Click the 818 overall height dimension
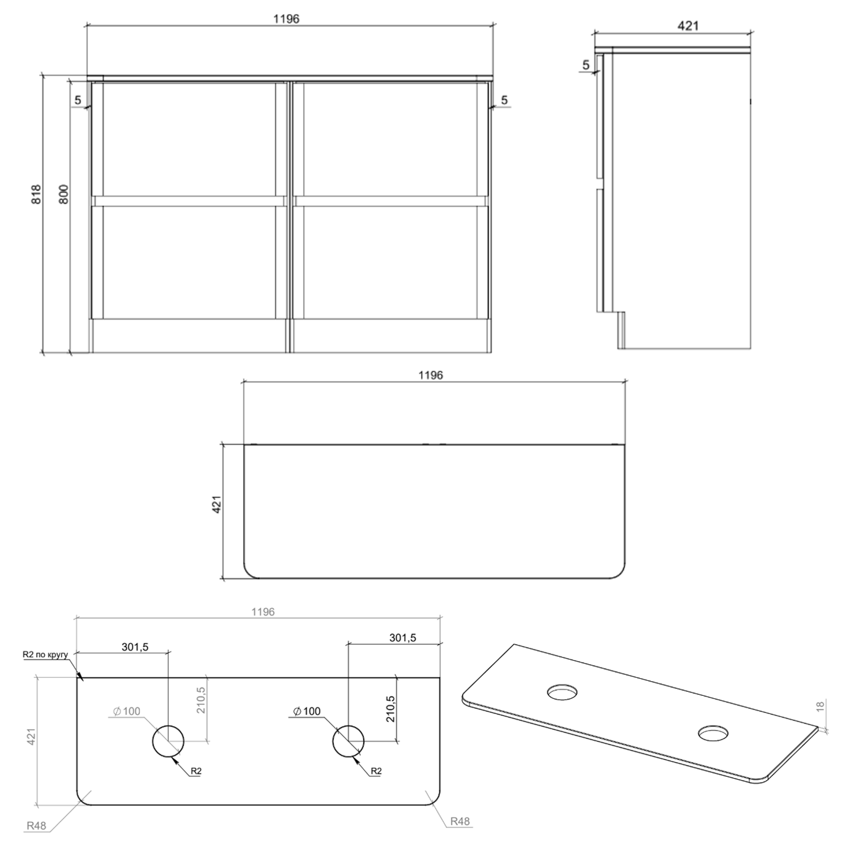36,194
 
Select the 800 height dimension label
63,194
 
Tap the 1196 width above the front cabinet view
286,19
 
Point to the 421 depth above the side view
688,25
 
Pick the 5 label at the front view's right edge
504,100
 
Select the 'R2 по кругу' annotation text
45,654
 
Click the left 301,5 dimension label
135,647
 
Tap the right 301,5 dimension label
402,637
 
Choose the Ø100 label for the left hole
126,711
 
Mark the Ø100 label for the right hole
307,711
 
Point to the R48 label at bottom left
36,826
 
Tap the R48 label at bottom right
460,821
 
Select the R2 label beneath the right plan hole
376,771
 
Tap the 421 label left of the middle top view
216,504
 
